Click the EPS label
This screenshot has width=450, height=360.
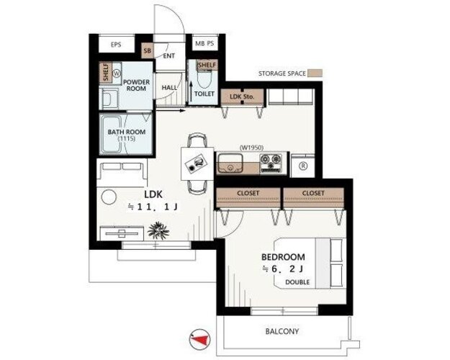click(x=116, y=45)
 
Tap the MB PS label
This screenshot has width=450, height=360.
click(x=204, y=44)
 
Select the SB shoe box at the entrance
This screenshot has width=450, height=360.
click(x=147, y=51)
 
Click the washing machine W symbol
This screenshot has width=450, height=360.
click(x=117, y=73)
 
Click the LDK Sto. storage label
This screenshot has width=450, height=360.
click(x=242, y=96)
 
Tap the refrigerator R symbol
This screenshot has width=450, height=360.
click(x=303, y=166)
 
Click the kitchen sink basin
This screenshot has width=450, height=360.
click(x=230, y=163)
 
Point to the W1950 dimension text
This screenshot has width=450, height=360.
click(x=251, y=148)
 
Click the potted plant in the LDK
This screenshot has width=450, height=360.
click(x=158, y=230)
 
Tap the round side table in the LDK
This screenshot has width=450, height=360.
click(x=109, y=197)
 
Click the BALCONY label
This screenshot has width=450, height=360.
click(x=282, y=332)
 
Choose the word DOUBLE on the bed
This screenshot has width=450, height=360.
click(x=297, y=282)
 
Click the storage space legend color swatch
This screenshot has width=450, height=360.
click(x=315, y=73)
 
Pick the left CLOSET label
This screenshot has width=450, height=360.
click(x=248, y=193)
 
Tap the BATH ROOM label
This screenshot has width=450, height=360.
click(x=127, y=132)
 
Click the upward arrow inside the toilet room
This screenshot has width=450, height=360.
click(x=191, y=91)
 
